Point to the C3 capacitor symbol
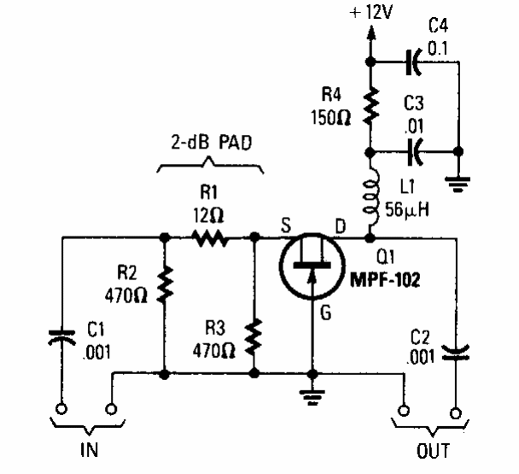[413, 152]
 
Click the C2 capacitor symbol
[458, 349]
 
